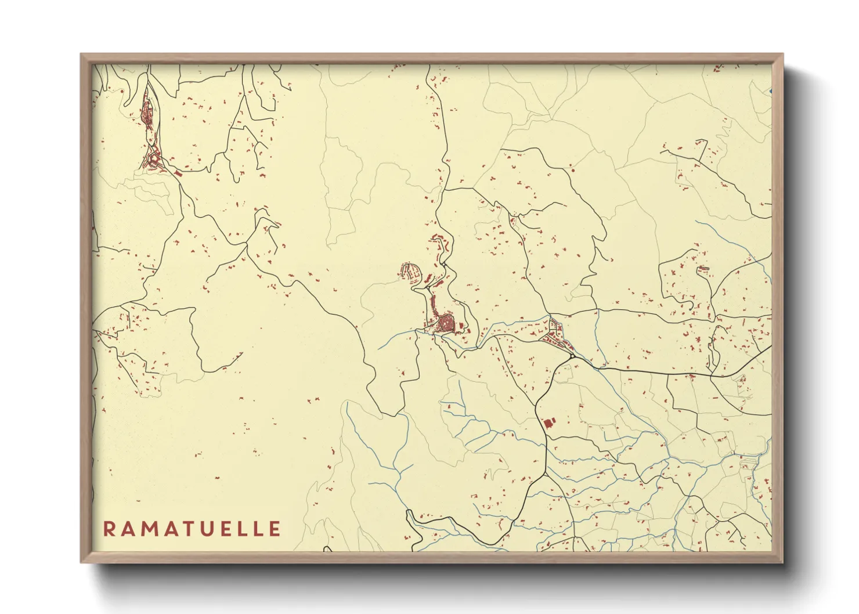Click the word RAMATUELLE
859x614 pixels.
(192, 529)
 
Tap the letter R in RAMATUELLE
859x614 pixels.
(109, 529)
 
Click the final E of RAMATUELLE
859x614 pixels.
(275, 529)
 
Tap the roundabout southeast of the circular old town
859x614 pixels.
(572, 355)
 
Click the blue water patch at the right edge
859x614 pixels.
(770, 91)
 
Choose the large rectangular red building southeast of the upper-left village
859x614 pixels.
(178, 172)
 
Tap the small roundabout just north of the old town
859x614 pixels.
(443, 265)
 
